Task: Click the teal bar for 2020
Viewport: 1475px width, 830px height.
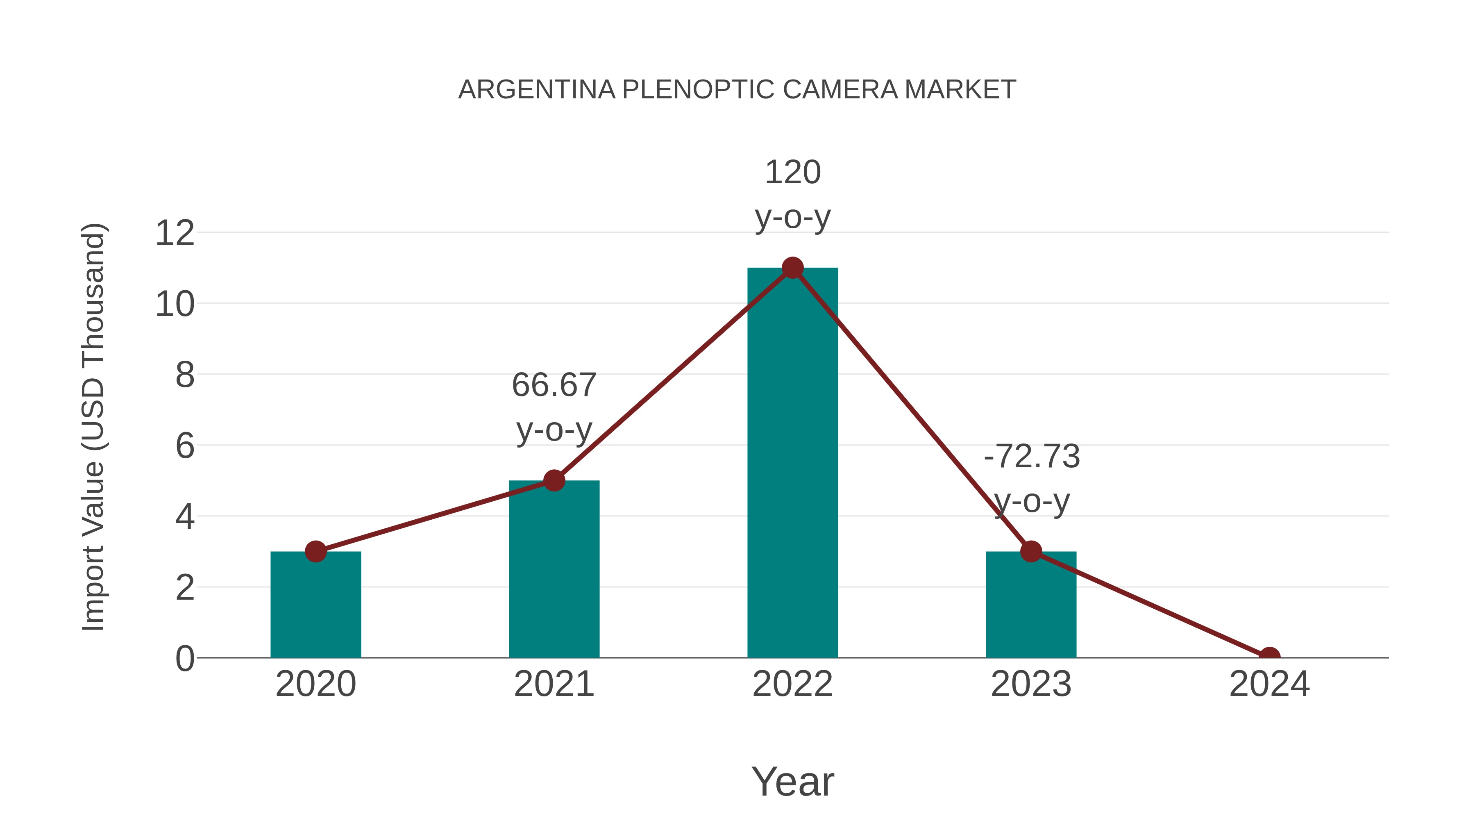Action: tap(315, 607)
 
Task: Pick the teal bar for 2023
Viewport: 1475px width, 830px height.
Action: tap(1031, 607)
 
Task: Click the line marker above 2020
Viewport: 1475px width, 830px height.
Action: tap(315, 552)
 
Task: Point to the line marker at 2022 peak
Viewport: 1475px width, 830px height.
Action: tap(792, 268)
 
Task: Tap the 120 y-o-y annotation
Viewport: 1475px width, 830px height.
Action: tap(792, 195)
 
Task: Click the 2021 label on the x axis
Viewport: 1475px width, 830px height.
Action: tap(554, 684)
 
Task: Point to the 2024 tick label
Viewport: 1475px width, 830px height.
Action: tap(1269, 684)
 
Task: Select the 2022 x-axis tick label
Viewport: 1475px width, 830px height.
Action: tap(792, 684)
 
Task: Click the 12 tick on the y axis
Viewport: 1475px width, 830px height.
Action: tap(175, 233)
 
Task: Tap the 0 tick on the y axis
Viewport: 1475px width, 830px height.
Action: tap(184, 659)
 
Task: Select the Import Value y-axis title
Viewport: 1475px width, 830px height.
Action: tap(93, 427)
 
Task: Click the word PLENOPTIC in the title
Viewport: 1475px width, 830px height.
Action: tap(699, 89)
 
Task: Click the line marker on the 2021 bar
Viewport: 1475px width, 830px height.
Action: tap(554, 481)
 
